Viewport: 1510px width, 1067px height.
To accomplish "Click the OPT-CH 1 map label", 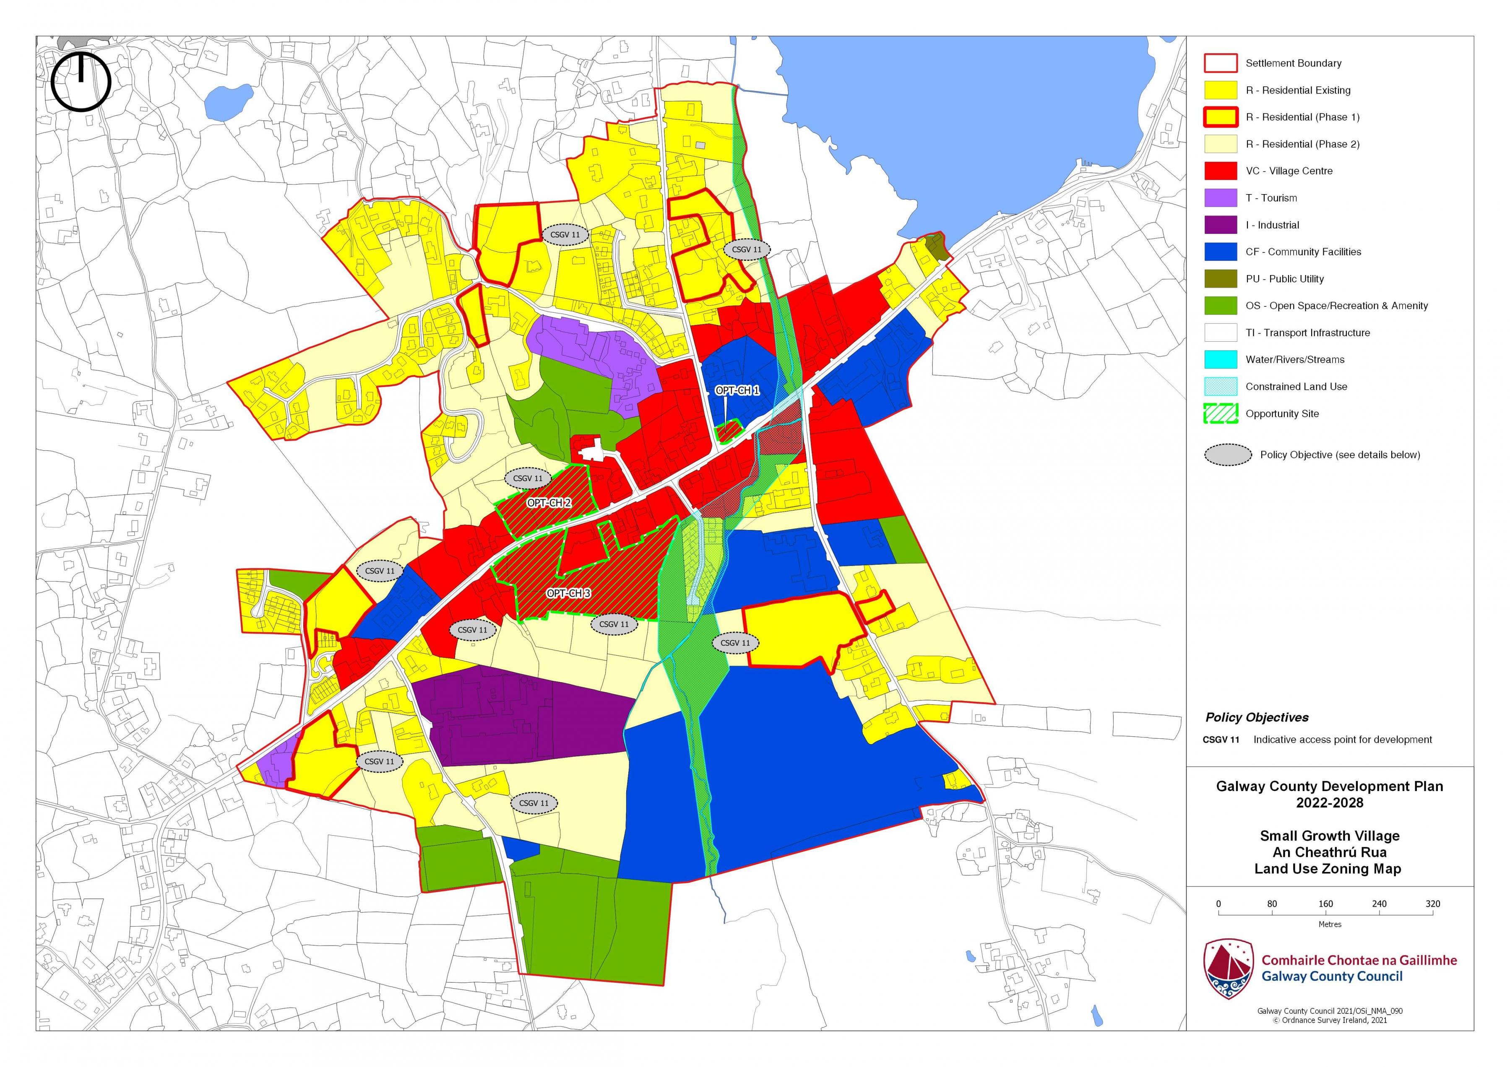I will pyautogui.click(x=737, y=390).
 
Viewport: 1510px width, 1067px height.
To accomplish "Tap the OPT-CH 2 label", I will pyautogui.click(x=549, y=503).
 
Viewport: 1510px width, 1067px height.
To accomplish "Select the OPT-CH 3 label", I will pyautogui.click(x=568, y=593).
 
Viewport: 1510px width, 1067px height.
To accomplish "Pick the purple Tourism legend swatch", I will pyautogui.click(x=1220, y=198).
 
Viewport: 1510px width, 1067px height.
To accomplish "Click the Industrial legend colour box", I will pyautogui.click(x=1220, y=225).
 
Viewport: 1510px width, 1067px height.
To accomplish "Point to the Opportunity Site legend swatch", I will pyautogui.click(x=1220, y=413).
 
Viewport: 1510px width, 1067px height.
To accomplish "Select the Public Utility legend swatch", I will pyautogui.click(x=1220, y=279).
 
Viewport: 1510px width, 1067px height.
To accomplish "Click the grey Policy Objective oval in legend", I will pyautogui.click(x=1227, y=455).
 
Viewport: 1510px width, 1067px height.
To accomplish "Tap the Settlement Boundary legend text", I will pyautogui.click(x=1293, y=63).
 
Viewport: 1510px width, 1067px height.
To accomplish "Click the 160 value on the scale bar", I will pyautogui.click(x=1325, y=904).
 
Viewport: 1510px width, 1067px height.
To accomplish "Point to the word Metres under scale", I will pyautogui.click(x=1329, y=924).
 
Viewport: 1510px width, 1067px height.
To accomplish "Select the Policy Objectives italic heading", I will pyautogui.click(x=1256, y=717).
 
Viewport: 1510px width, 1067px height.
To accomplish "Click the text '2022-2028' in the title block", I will pyautogui.click(x=1329, y=803).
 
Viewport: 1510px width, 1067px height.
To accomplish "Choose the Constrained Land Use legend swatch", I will pyautogui.click(x=1220, y=387).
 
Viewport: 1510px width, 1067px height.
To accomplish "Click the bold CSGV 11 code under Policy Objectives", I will pyautogui.click(x=1221, y=740).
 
